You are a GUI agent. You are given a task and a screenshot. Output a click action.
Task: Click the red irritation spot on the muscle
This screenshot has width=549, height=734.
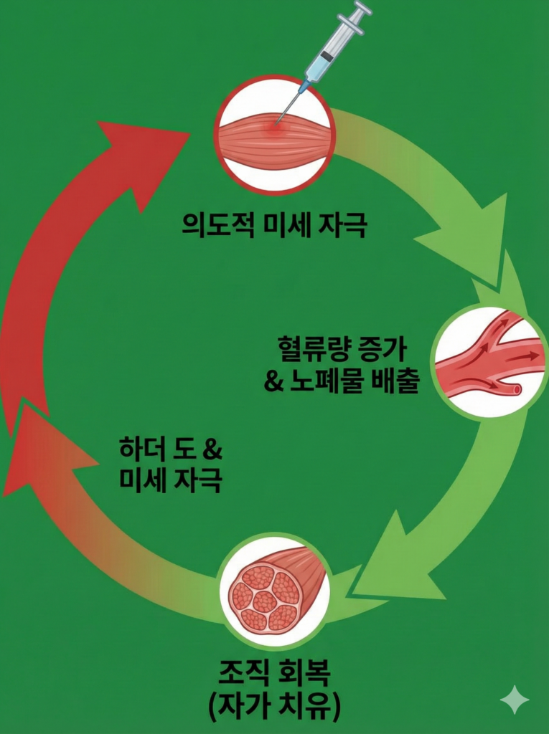(x=273, y=128)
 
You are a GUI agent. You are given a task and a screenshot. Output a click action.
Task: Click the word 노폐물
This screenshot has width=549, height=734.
(x=327, y=381)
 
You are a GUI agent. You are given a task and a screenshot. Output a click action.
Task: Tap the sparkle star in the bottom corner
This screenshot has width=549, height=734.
(x=515, y=699)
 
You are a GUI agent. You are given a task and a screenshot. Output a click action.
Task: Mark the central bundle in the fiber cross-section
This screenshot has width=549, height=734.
(x=264, y=601)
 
